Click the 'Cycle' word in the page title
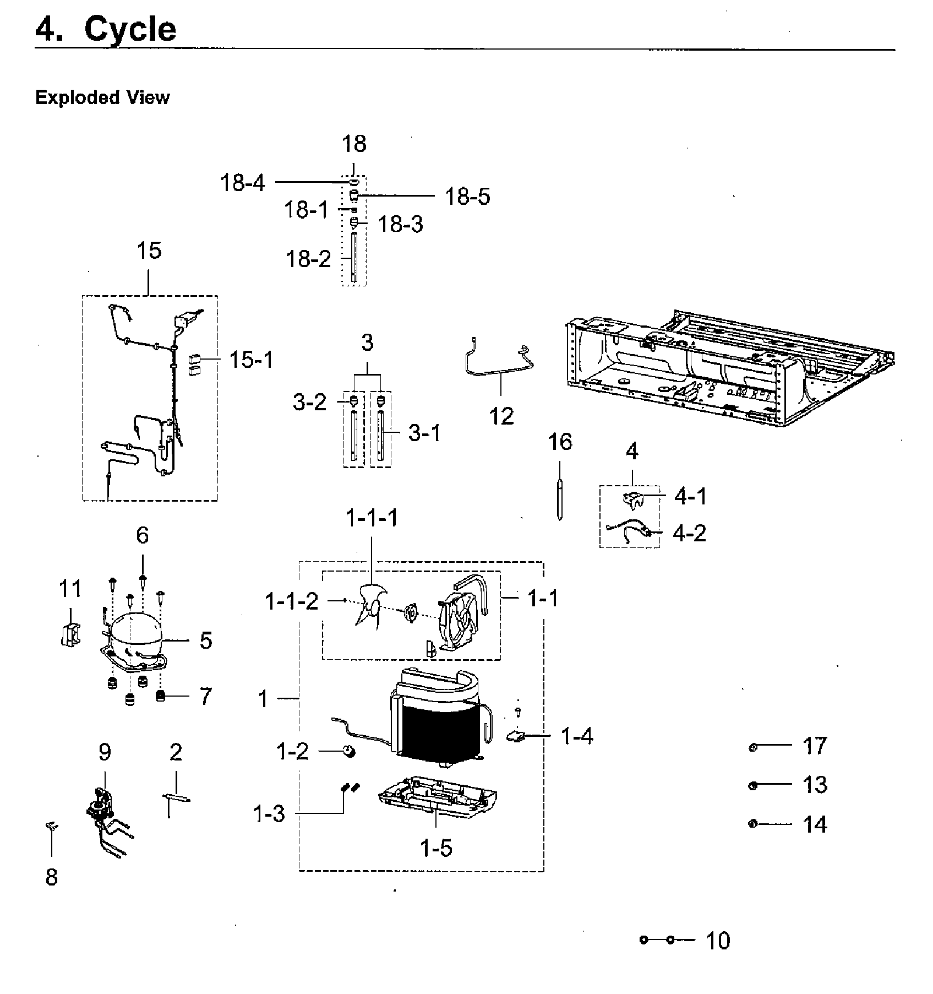130,29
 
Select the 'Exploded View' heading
102,97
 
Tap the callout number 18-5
467,197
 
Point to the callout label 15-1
250,360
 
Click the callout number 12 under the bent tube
501,416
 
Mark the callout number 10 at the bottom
717,941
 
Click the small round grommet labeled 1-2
347,751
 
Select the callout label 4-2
689,533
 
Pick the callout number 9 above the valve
105,752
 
